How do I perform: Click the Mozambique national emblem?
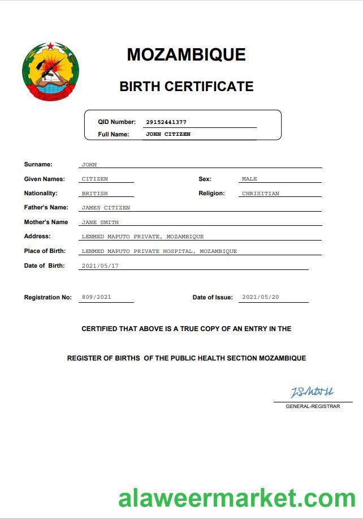[x=50, y=71]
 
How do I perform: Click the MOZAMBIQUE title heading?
[x=186, y=54]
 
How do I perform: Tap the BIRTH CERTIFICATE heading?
[x=186, y=87]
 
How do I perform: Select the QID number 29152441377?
[x=166, y=122]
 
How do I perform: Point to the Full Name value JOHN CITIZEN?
[x=168, y=135]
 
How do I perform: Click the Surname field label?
[x=38, y=165]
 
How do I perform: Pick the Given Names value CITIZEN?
[x=94, y=179]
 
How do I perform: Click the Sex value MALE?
[x=249, y=179]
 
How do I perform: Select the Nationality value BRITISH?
[x=94, y=194]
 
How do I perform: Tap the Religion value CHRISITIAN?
[x=260, y=194]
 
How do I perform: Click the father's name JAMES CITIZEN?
[x=106, y=208]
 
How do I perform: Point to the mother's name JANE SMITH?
[x=100, y=222]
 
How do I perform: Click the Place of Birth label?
[x=45, y=251]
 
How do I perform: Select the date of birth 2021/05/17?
[x=100, y=265]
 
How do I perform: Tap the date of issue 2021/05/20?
[x=260, y=297]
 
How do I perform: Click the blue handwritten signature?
[x=312, y=392]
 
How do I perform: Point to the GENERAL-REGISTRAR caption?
[x=313, y=406]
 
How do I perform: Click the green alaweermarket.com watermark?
[x=237, y=499]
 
